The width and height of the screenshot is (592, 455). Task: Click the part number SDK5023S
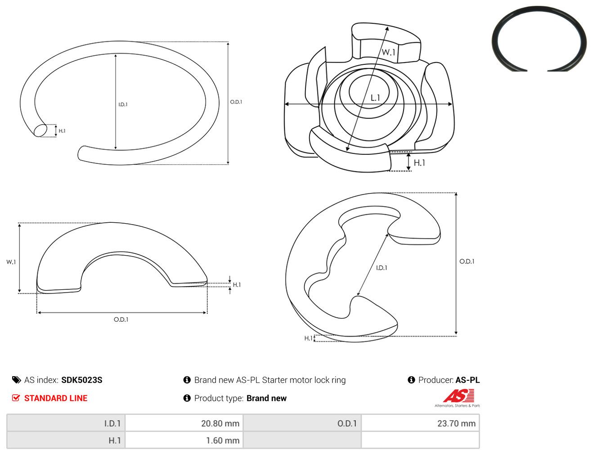pyautogui.click(x=82, y=380)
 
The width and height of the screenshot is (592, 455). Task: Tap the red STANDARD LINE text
pyautogui.click(x=56, y=398)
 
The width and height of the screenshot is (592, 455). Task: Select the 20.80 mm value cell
pyautogui.click(x=184, y=423)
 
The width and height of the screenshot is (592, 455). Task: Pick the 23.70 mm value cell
pyautogui.click(x=420, y=423)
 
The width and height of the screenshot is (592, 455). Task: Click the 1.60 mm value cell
pyautogui.click(x=184, y=440)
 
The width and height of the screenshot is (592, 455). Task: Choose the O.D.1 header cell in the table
pyautogui.click(x=302, y=423)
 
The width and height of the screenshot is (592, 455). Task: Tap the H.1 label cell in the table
pyautogui.click(x=66, y=440)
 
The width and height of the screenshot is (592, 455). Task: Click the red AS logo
pyautogui.click(x=458, y=396)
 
